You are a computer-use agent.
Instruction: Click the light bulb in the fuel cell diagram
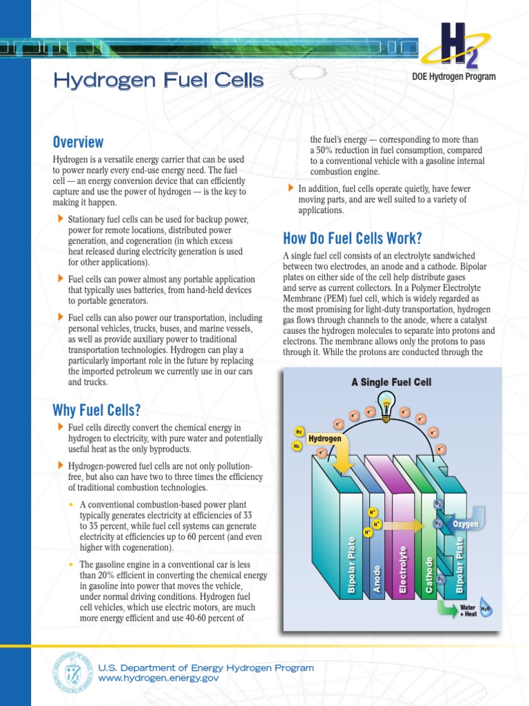(x=386, y=404)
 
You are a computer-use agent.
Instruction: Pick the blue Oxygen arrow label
(x=465, y=525)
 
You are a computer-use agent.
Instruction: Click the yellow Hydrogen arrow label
(x=325, y=438)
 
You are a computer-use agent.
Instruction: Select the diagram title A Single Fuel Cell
(x=392, y=382)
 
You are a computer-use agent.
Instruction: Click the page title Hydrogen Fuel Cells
(x=158, y=81)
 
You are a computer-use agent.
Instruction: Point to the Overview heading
(x=79, y=142)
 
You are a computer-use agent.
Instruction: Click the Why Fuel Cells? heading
(x=96, y=411)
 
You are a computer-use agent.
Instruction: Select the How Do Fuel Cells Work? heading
(x=352, y=239)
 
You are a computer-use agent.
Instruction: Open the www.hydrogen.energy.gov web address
(x=158, y=678)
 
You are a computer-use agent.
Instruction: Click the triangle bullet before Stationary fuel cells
(x=59, y=219)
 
